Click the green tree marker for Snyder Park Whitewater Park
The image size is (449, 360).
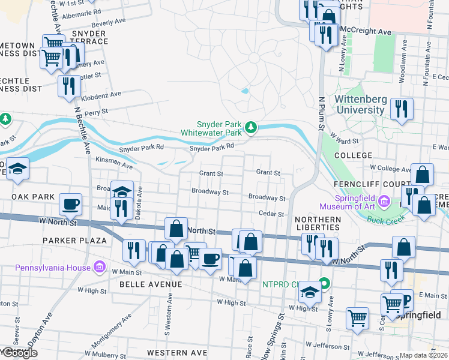[x=252, y=127]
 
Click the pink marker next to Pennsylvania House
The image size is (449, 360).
[x=100, y=265]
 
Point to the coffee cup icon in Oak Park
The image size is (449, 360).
[x=71, y=205]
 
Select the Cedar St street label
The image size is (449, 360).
[x=271, y=214]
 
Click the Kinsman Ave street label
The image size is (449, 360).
[x=115, y=163]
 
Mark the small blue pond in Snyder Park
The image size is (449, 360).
[x=244, y=91]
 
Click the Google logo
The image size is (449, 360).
[x=20, y=353]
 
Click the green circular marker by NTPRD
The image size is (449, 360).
[x=325, y=282]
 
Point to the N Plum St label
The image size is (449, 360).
[x=322, y=114]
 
